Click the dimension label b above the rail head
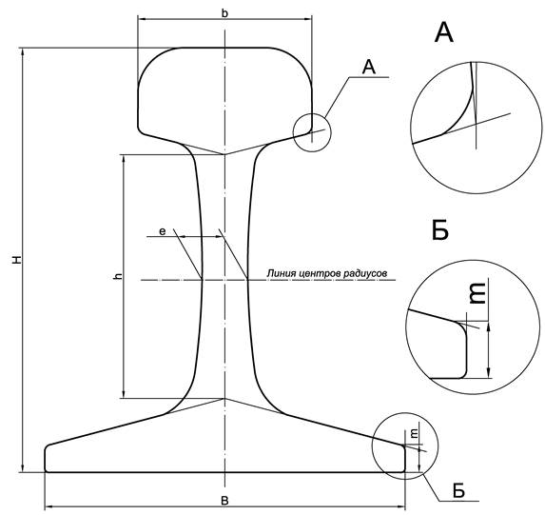[x=224, y=13]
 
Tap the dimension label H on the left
[x=17, y=260]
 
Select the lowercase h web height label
[x=119, y=277]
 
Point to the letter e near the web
[x=163, y=231]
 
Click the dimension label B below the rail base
[x=224, y=501]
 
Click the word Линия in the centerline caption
[x=277, y=273]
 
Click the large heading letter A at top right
[x=444, y=32]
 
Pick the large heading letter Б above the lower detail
[x=440, y=229]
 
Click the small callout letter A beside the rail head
[x=369, y=67]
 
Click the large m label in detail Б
[x=477, y=293]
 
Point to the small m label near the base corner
[x=415, y=433]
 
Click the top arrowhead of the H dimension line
[x=23, y=52]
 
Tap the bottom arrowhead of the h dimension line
[x=123, y=394]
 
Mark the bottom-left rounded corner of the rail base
[x=47, y=470]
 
